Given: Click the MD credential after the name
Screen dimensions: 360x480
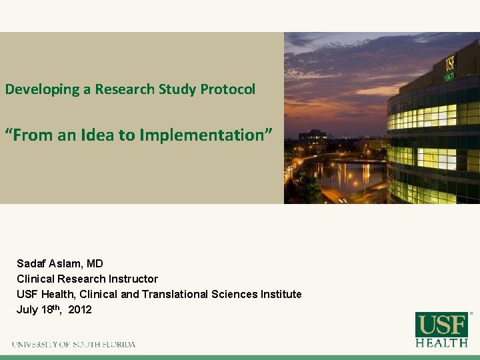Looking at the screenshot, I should coord(95,263).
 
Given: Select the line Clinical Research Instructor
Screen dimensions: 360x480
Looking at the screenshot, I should coord(87,279).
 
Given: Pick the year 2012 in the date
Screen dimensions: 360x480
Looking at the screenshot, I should coord(80,310).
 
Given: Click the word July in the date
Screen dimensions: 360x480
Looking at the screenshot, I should coord(27,310).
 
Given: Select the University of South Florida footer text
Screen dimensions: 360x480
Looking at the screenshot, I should coord(73,345).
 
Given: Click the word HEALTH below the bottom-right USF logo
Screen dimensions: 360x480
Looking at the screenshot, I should coord(441,343).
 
